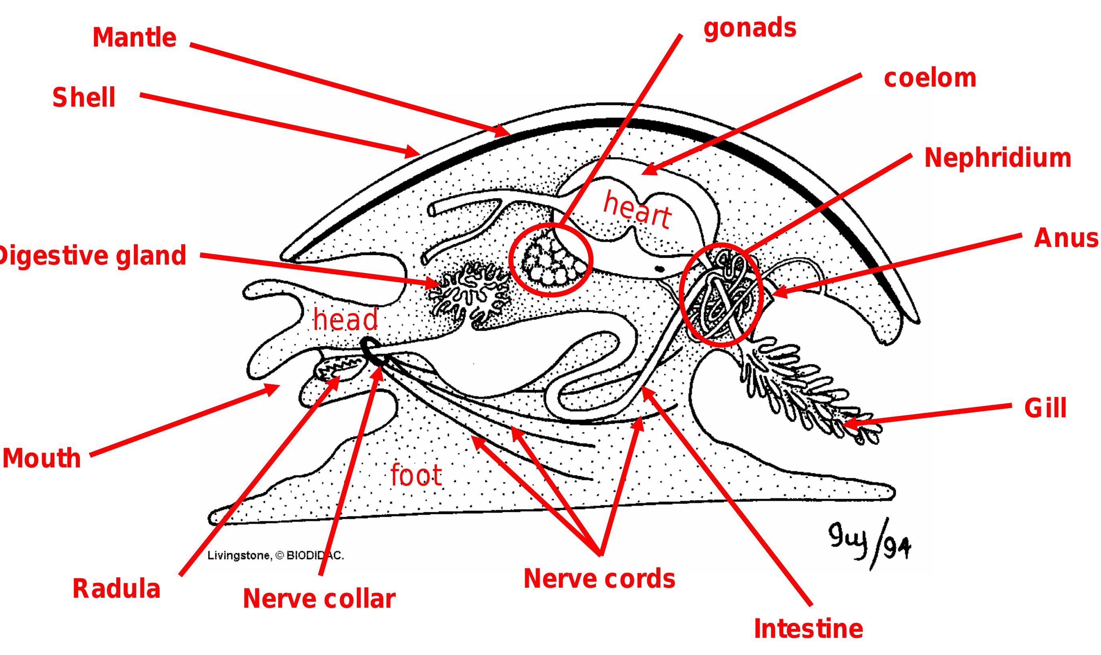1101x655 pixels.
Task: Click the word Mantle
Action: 134,38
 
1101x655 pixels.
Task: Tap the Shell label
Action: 84,97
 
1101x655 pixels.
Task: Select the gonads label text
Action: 750,28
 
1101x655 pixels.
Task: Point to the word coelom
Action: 930,78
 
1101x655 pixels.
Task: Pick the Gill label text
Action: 1045,408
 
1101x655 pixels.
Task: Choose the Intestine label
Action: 808,629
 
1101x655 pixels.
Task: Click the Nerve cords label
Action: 599,579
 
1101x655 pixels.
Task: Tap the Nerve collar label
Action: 319,599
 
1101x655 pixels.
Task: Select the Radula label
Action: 116,589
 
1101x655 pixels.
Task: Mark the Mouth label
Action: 42,459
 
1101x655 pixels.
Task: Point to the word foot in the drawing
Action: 416,475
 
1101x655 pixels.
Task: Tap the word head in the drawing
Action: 345,319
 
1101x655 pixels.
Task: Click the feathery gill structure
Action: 808,388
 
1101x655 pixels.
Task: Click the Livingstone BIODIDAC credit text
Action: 275,556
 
